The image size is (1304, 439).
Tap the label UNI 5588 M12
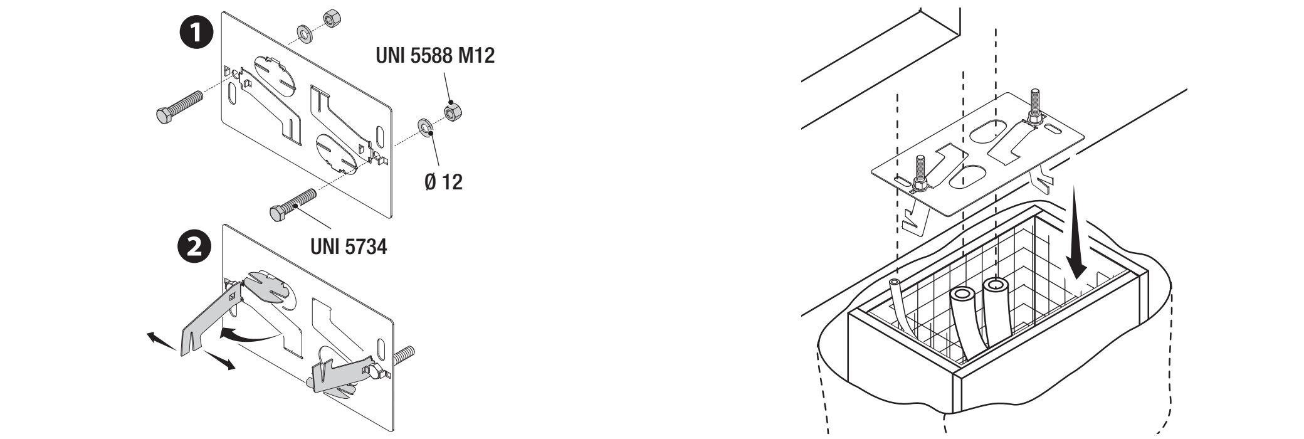pos(434,56)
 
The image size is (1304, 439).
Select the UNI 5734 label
pos(349,246)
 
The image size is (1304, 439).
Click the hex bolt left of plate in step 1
pos(179,105)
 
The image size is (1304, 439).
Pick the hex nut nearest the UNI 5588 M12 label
pos(452,112)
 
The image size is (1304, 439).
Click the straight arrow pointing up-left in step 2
pos(162,341)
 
